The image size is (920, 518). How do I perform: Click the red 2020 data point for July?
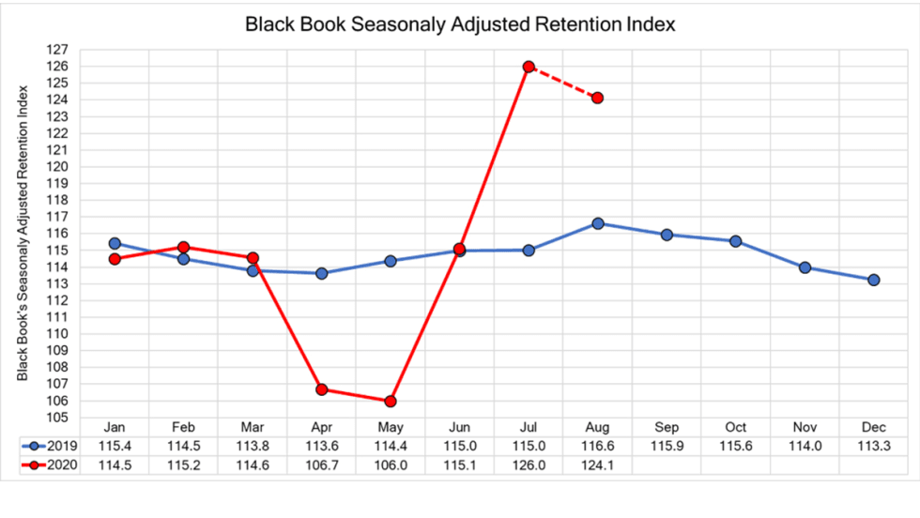529,67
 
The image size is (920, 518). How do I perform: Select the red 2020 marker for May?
391,401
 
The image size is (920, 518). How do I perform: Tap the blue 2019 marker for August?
598,223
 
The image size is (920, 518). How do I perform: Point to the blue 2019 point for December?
873,280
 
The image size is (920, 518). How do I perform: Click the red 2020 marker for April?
322,389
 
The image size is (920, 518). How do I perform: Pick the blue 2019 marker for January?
115,243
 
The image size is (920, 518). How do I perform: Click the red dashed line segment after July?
563,83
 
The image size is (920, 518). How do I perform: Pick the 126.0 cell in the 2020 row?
529,463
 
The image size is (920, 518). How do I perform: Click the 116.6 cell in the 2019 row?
598,446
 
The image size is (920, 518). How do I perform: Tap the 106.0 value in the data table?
391,463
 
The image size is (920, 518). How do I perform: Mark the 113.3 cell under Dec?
873,446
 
